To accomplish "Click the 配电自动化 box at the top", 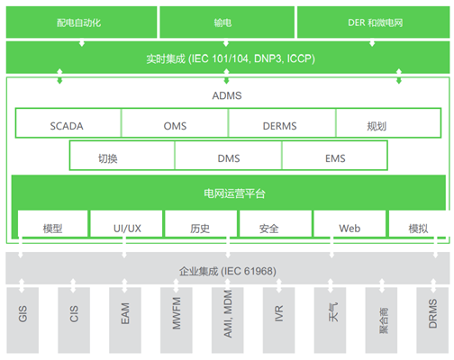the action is tap(81, 22).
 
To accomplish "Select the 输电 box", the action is tap(227, 22).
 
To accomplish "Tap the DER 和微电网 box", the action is tap(374, 22).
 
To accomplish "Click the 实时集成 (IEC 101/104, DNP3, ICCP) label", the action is tap(231, 58).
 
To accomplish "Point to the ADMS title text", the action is tap(227, 95).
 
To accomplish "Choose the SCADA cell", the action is tap(68, 123).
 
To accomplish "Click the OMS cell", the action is tap(175, 123).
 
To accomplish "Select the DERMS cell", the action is tap(282, 123).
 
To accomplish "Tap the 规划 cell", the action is tap(388, 123).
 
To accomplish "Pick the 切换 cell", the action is tap(123, 156).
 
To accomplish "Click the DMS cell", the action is tap(228, 156).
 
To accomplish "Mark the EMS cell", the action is tap(334, 156).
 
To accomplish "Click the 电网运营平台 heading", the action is tap(234, 193).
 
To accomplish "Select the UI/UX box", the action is tap(126, 224).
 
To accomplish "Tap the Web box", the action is tap(350, 224).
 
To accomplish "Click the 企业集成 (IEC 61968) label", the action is tap(228, 271).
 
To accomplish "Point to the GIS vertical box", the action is tap(23, 320).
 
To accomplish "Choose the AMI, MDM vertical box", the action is tap(228, 320).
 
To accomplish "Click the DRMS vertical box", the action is tap(432, 320).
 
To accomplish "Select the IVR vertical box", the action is tap(279, 320).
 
